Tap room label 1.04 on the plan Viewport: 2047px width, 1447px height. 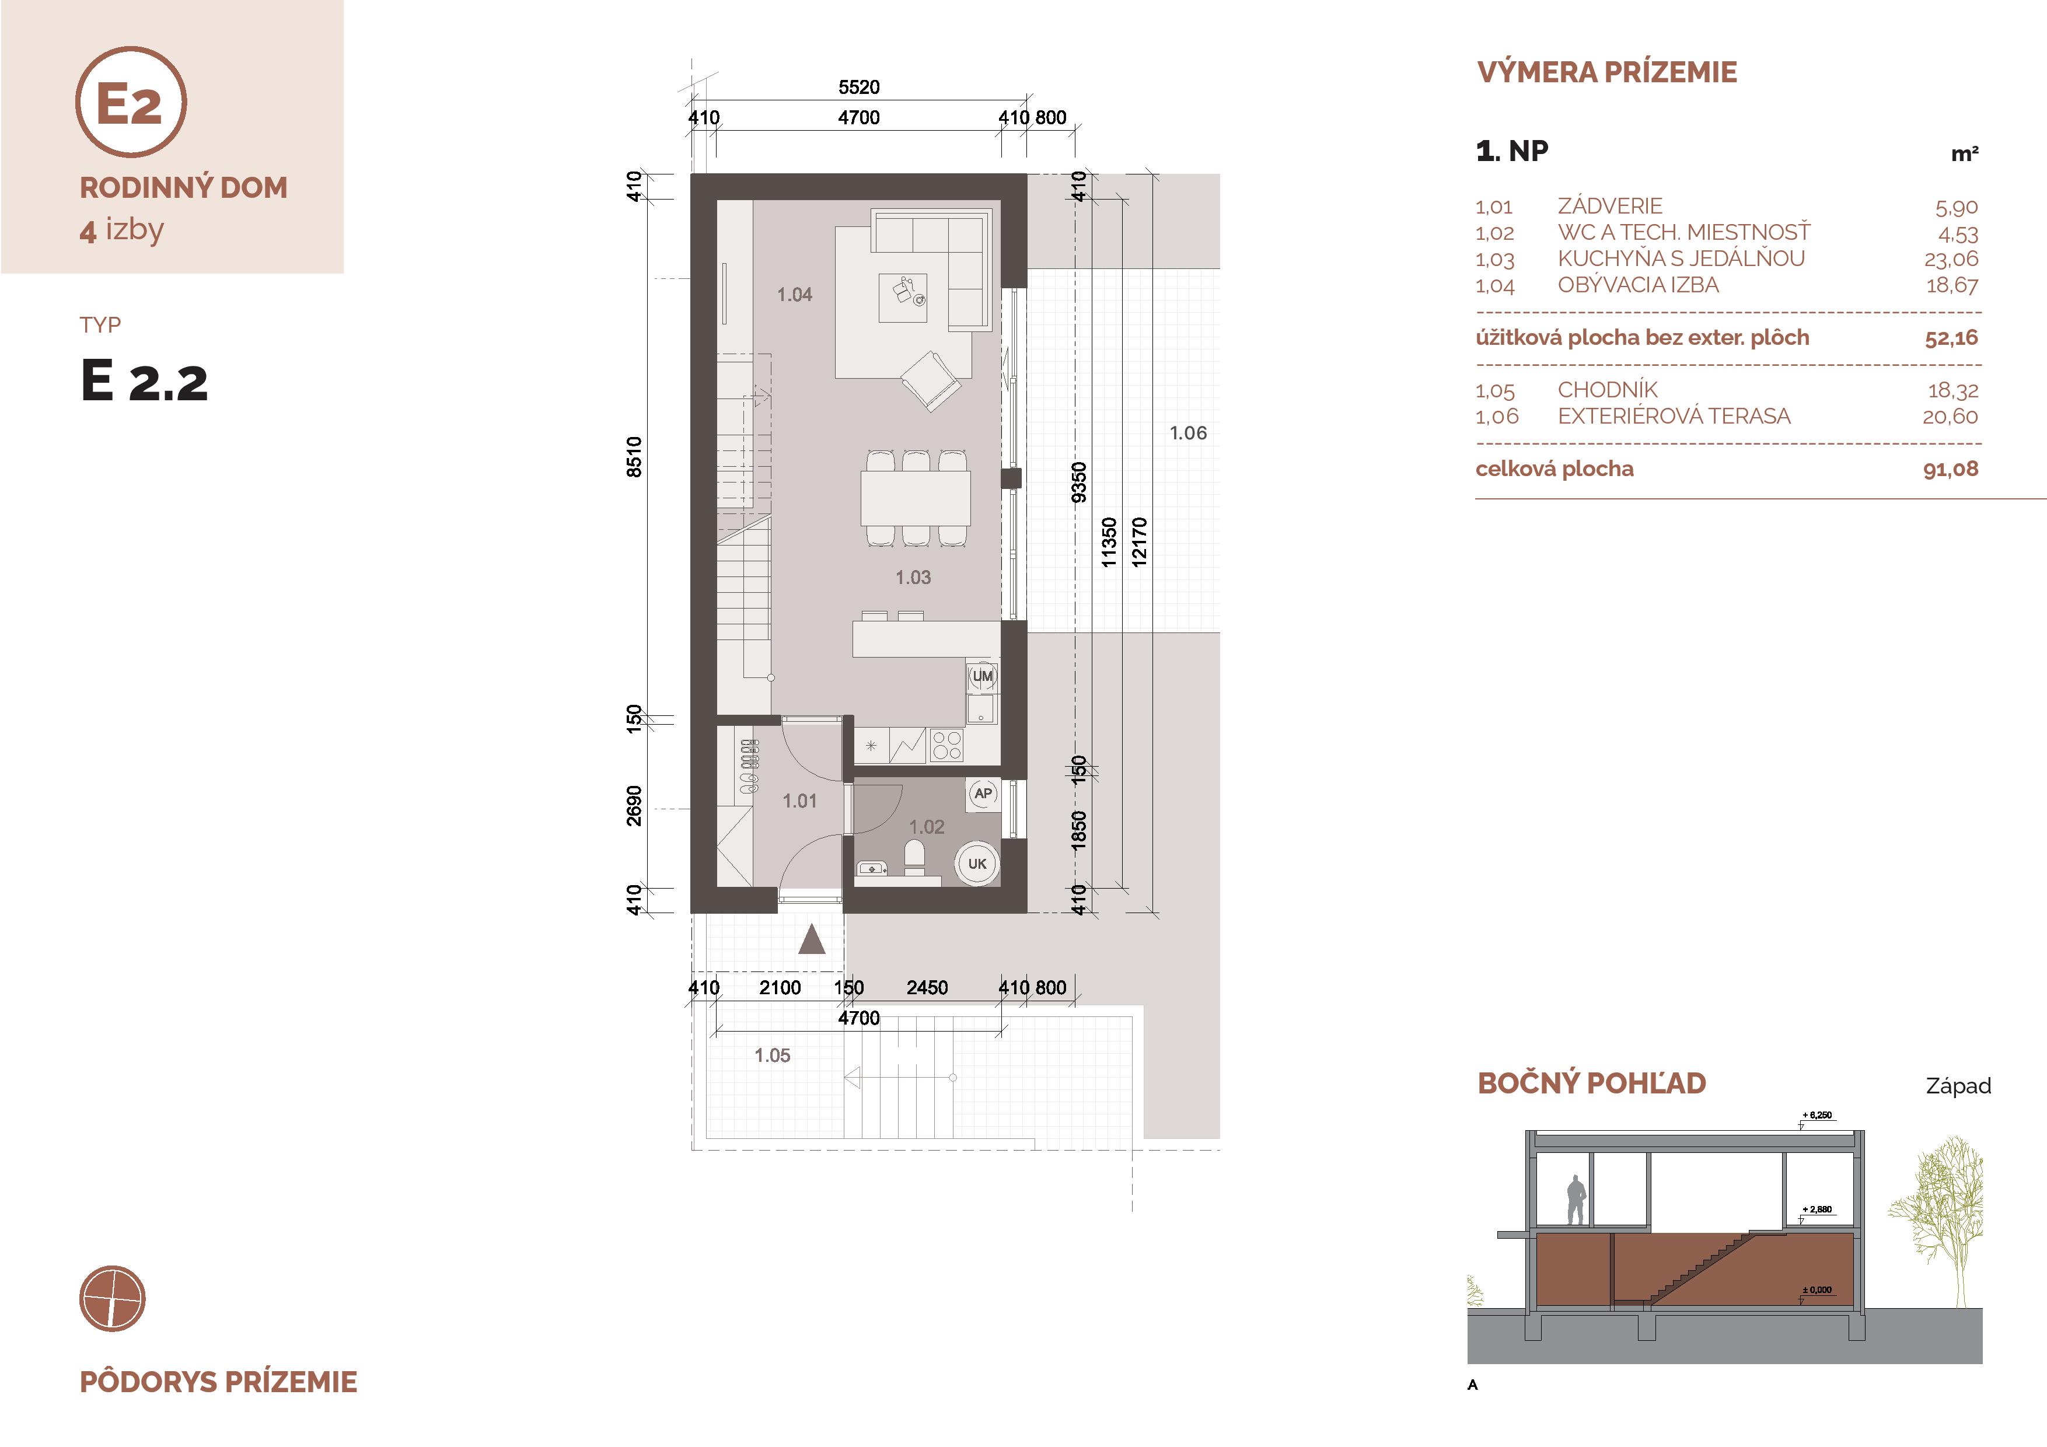794,294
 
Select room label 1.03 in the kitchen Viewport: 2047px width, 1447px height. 913,578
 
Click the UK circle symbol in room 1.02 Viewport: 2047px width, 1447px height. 977,863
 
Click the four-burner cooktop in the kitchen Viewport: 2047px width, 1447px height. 946,745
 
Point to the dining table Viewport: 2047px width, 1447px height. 915,498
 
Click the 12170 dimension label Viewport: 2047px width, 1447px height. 1138,542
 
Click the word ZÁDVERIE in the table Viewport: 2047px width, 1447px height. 1609,206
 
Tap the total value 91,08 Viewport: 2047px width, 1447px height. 1951,469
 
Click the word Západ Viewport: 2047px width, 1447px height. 1958,1086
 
